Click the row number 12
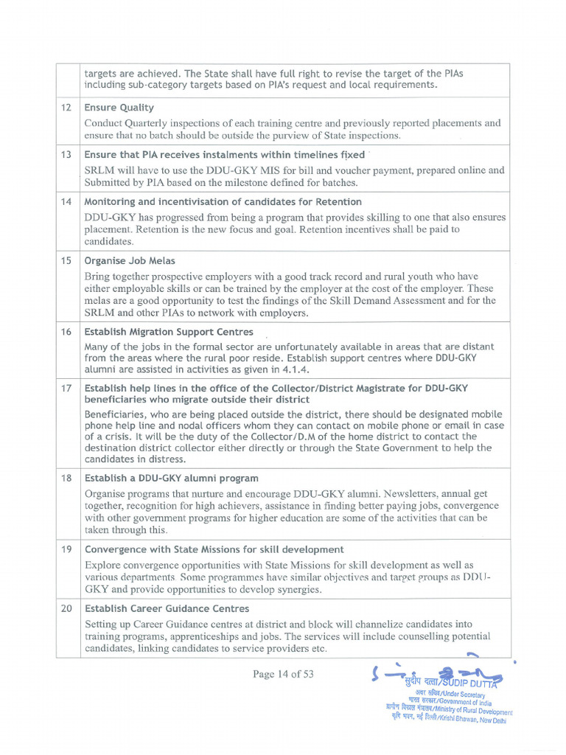(x=66, y=108)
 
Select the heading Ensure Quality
(x=119, y=108)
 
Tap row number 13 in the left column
(x=66, y=155)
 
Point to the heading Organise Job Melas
(x=130, y=261)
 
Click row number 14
(x=66, y=202)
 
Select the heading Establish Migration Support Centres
(x=169, y=332)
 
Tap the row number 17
(x=66, y=388)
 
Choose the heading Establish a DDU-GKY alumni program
(x=172, y=478)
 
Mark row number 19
(x=66, y=549)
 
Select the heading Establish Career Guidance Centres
(x=167, y=608)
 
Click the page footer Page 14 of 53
(x=283, y=674)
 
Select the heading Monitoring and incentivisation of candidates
(x=223, y=202)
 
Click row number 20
(x=66, y=608)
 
